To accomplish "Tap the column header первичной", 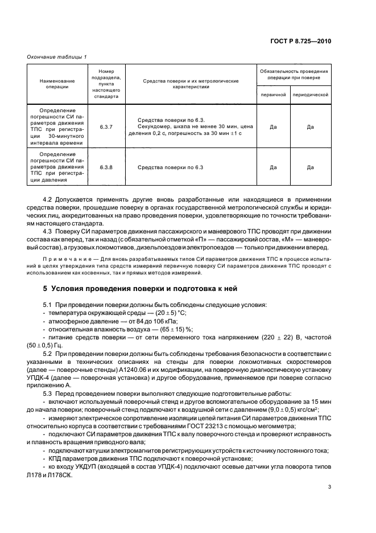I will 273,95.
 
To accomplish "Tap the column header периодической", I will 311,95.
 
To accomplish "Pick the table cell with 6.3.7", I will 106,126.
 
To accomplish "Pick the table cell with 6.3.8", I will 106,167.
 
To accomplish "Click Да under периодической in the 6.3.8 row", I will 311,167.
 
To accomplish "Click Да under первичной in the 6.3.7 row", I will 273,126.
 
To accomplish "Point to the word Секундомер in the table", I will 155,126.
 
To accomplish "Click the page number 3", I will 329,487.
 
